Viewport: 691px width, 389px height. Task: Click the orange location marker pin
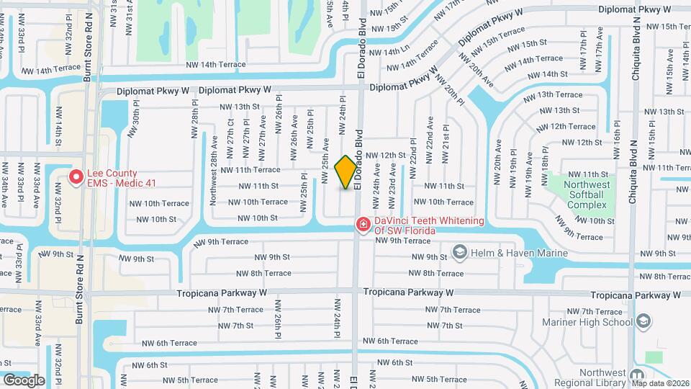[x=345, y=171]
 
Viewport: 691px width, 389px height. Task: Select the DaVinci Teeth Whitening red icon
[x=363, y=225]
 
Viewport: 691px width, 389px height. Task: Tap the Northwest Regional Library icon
[x=636, y=375]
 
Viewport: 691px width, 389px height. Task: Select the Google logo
[x=24, y=380]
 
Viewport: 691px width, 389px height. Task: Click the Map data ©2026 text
[x=660, y=383]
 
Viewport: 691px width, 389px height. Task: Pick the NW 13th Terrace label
[x=552, y=94]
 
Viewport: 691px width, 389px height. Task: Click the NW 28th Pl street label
[x=194, y=125]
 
